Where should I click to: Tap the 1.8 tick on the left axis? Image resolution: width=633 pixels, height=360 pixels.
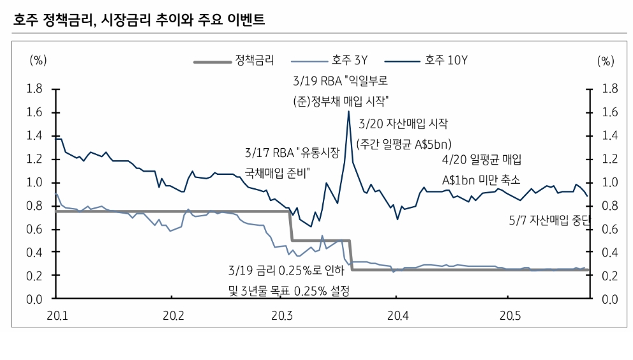(x=34, y=89)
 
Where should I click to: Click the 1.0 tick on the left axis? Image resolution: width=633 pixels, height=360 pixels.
(x=34, y=183)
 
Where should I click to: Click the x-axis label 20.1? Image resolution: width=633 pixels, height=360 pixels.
(x=57, y=315)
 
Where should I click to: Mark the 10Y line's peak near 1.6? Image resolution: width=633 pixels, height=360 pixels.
(x=348, y=111)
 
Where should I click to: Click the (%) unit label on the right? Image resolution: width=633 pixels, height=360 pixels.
(x=605, y=61)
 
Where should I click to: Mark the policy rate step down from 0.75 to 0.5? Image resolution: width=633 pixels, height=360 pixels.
(x=291, y=226)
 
